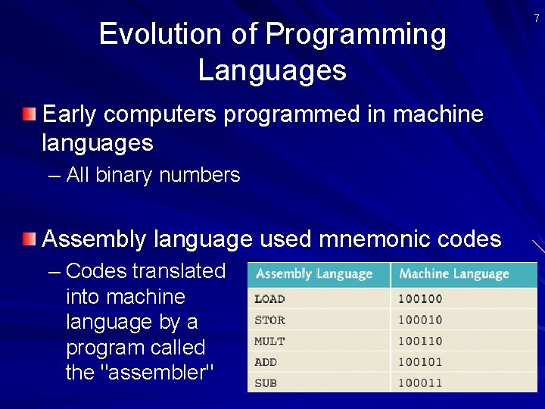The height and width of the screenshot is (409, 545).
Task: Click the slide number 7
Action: click(537, 17)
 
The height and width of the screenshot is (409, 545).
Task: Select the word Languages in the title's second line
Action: click(272, 70)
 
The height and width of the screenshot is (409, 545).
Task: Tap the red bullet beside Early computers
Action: click(29, 114)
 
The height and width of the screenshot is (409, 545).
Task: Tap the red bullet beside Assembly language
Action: click(29, 239)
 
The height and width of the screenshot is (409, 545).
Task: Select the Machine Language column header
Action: click(454, 274)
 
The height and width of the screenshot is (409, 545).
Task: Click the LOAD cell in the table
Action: click(270, 299)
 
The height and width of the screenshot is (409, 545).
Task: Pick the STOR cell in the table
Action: click(270, 320)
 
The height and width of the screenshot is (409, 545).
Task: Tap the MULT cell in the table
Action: click(270, 342)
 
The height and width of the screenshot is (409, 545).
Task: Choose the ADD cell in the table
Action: click(266, 362)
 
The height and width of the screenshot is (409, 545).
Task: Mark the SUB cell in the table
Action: click(266, 383)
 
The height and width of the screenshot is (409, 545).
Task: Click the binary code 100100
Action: click(420, 299)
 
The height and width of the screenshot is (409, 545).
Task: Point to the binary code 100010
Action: click(420, 320)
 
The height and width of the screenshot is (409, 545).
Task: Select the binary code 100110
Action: click(420, 342)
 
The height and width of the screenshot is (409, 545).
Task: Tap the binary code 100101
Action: click(420, 362)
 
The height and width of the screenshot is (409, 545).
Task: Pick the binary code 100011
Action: click(420, 383)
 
